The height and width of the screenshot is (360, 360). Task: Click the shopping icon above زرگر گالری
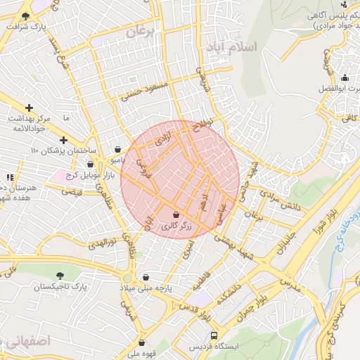tap(175, 214)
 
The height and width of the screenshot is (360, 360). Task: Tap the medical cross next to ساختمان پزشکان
tap(64, 140)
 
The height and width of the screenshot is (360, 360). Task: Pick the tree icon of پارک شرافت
tap(27, 15)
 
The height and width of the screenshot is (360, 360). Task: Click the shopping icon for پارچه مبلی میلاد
tap(146, 278)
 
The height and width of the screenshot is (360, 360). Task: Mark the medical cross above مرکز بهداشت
tap(29, 108)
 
